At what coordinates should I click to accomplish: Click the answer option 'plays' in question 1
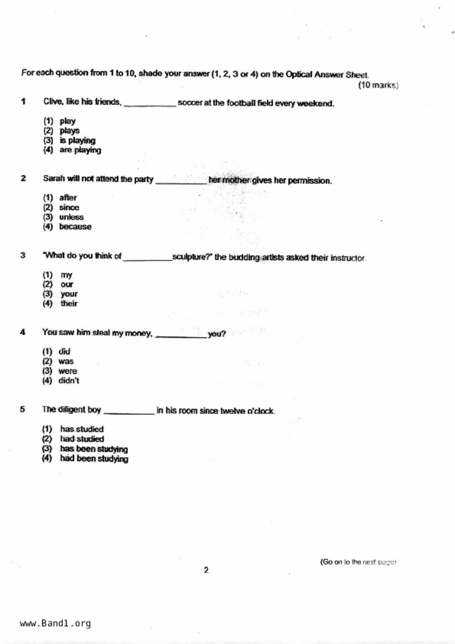click(69, 131)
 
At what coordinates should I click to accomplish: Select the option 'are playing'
click(80, 150)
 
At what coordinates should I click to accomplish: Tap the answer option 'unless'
click(71, 217)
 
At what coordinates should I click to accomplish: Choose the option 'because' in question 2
click(75, 227)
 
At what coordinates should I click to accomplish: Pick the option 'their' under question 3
click(69, 303)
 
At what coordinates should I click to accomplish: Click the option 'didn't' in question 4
click(69, 380)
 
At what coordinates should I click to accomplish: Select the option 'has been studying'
click(94, 449)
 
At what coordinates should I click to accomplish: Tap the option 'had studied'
click(82, 439)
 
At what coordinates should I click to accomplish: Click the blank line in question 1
click(150, 104)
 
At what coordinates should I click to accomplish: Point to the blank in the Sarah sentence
click(181, 181)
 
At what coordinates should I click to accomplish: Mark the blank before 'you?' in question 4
click(181, 335)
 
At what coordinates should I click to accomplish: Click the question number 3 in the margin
click(23, 255)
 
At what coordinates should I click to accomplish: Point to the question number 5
click(22, 409)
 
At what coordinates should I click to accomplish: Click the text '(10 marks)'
click(378, 85)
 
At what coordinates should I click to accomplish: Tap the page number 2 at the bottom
click(206, 570)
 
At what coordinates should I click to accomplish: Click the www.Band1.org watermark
click(55, 623)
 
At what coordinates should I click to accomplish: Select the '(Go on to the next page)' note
click(358, 562)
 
